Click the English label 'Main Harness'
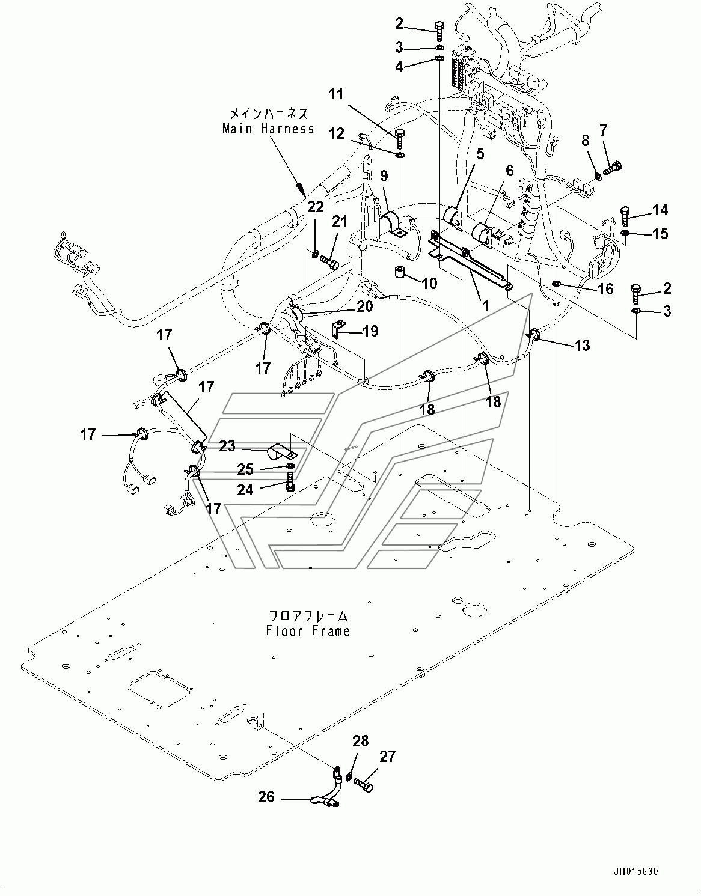268,129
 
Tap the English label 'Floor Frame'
308,631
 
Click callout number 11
337,94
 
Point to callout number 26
266,797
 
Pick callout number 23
227,446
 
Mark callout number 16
605,290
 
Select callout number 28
361,742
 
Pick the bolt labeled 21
329,261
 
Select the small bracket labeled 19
338,330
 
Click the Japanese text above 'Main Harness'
268,113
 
